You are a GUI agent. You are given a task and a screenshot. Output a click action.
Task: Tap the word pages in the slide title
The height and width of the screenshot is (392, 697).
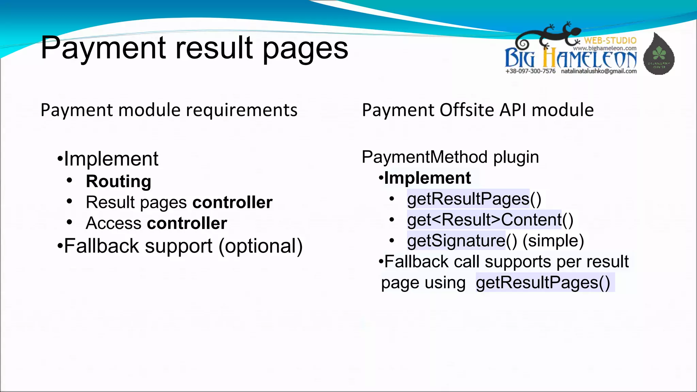pyautogui.click(x=305, y=50)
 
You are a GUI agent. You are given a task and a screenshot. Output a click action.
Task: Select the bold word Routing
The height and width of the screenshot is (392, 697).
pyautogui.click(x=118, y=181)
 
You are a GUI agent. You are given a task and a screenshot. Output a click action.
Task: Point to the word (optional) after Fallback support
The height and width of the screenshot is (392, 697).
pyautogui.click(x=260, y=246)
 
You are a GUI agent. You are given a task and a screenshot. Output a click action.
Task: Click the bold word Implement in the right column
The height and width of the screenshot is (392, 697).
pyautogui.click(x=427, y=178)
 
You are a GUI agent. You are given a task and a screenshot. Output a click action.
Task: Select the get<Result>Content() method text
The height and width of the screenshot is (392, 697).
pyautogui.click(x=490, y=220)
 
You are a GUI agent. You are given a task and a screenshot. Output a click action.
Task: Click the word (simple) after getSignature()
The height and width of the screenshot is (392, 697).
pyautogui.click(x=553, y=241)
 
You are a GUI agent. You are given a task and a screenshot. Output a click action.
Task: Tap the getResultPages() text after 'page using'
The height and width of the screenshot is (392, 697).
pyautogui.click(x=543, y=283)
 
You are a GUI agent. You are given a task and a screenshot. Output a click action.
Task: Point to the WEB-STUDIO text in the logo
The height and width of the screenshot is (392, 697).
pyautogui.click(x=610, y=40)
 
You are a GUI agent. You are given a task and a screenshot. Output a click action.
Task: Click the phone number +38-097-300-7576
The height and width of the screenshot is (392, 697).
pyautogui.click(x=530, y=71)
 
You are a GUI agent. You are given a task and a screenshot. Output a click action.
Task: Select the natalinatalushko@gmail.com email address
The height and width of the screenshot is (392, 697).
pyautogui.click(x=599, y=71)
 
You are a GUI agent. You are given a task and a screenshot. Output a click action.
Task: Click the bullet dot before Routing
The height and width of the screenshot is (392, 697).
pyautogui.click(x=70, y=181)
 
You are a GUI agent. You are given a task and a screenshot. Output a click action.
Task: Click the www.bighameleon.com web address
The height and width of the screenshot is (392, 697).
pyautogui.click(x=604, y=48)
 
